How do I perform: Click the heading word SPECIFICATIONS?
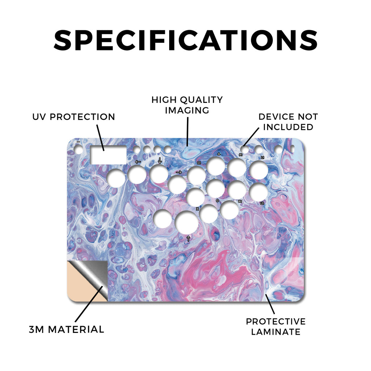coord(186,40)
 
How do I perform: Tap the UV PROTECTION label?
coord(74,117)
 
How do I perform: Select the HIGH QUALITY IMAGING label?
coord(187,105)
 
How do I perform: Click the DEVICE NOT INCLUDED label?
coord(288,122)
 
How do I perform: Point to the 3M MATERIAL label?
coord(67,329)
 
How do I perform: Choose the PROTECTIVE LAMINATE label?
coord(276,326)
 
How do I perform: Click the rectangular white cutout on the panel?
coord(108,155)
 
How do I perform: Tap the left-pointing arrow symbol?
coord(138,162)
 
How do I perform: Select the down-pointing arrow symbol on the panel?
coord(160,161)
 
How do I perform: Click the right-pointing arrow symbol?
coord(179,172)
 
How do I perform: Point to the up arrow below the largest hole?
coord(188,238)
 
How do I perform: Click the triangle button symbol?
coord(219,154)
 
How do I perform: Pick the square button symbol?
coord(199,163)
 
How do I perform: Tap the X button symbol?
coord(197,209)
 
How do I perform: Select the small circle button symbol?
coord(217,201)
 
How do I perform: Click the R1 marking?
coord(241,155)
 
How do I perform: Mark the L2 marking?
coord(262,203)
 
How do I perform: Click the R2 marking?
coord(240,201)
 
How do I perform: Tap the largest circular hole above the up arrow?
coord(187,222)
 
